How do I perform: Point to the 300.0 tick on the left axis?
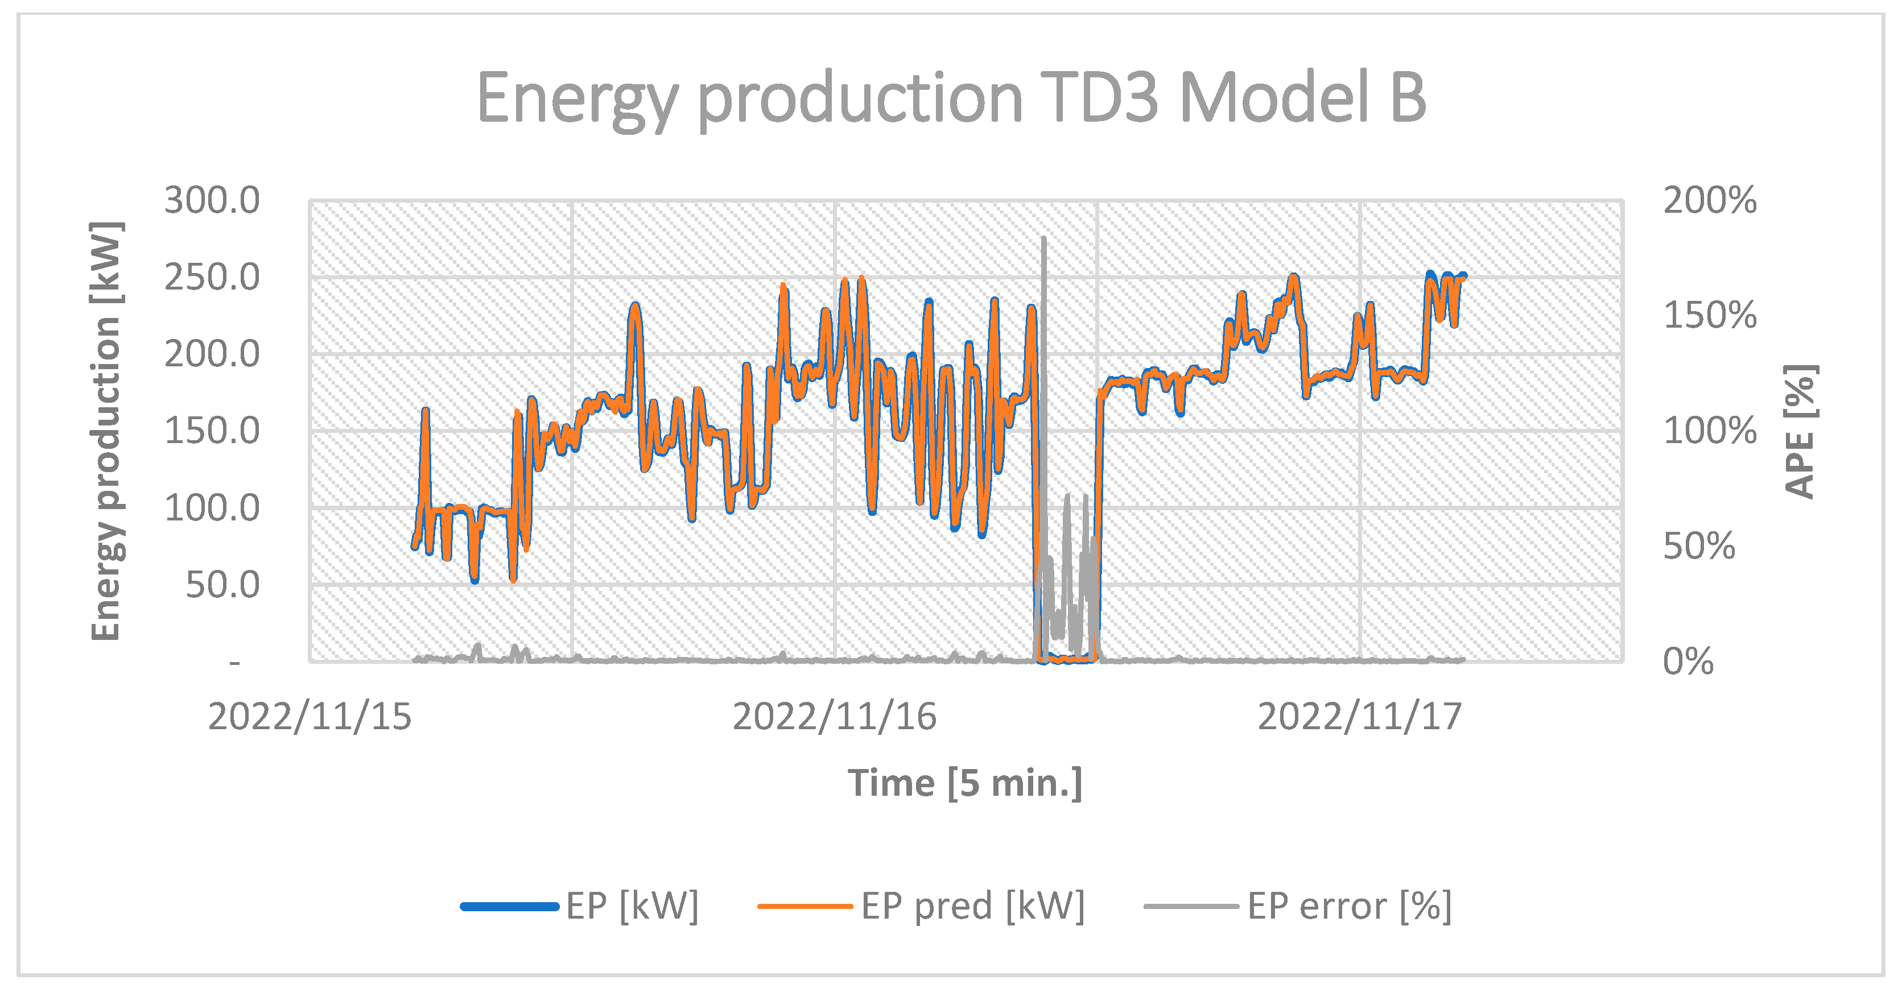(x=212, y=200)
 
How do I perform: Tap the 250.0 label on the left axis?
(x=212, y=278)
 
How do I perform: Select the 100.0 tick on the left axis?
(x=212, y=509)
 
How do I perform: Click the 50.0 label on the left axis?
(x=222, y=585)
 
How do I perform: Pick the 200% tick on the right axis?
(x=1709, y=200)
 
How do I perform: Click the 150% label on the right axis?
(x=1709, y=315)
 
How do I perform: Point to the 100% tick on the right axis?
(x=1709, y=431)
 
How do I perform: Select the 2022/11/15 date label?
(x=310, y=717)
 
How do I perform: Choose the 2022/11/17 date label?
(x=1359, y=717)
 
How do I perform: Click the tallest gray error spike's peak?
(x=1043, y=239)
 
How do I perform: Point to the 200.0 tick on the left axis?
(x=212, y=354)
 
